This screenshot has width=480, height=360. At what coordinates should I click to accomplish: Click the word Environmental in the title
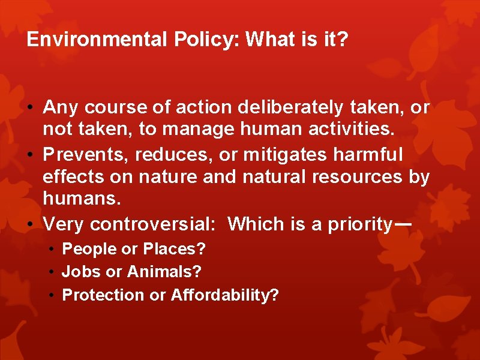(97, 40)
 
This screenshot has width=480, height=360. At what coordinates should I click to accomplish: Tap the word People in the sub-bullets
(85, 249)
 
